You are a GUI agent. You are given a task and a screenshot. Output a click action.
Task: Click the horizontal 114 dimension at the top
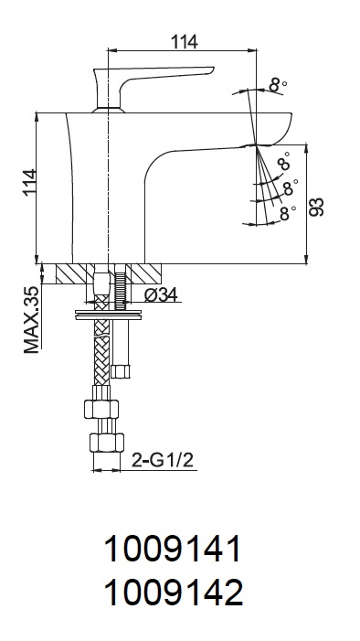point(184,41)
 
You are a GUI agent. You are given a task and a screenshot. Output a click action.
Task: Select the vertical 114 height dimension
point(30,182)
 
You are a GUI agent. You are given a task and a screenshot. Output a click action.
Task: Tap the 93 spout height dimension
point(316,207)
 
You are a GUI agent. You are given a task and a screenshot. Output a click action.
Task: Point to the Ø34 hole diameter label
point(162,294)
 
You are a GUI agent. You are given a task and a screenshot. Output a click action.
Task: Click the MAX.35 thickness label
point(31,320)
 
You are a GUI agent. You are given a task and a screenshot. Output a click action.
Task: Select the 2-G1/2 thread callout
point(163,461)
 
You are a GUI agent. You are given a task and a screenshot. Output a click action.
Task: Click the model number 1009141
point(173,549)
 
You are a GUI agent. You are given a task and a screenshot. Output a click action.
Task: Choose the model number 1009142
point(174,593)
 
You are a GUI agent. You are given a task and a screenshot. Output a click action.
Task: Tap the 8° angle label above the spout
point(278,85)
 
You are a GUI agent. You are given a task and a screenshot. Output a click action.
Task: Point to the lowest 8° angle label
point(288,213)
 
